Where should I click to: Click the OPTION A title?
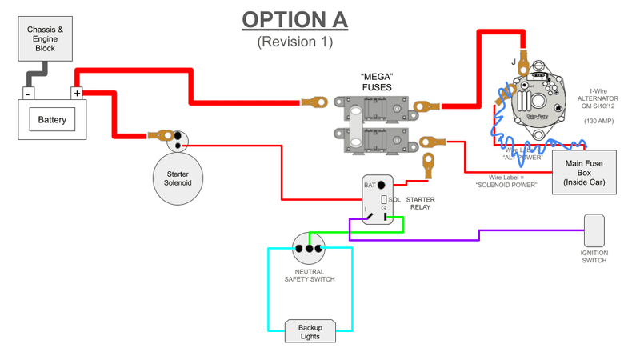(295, 19)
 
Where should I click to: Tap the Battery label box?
(52, 122)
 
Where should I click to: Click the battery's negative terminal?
(29, 94)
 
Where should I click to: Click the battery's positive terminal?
(78, 94)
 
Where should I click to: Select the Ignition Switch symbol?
(594, 230)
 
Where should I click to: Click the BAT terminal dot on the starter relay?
(382, 185)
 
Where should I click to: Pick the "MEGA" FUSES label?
(376, 82)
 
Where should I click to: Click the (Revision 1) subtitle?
(294, 42)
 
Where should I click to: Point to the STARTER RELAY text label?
(420, 203)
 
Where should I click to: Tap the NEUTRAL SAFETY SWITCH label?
(309, 274)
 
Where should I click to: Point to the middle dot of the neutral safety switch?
(309, 248)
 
